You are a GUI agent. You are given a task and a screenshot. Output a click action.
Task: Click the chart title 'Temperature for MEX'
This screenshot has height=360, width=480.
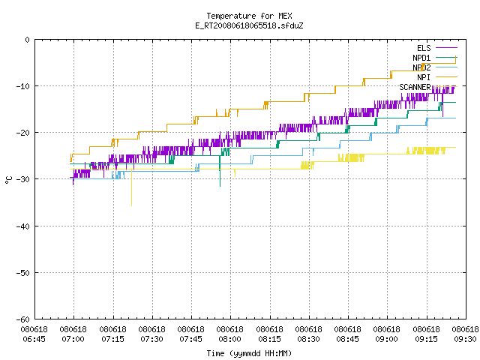(x=249, y=16)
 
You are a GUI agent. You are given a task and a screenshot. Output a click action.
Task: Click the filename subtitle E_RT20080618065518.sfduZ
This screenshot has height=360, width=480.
(x=249, y=25)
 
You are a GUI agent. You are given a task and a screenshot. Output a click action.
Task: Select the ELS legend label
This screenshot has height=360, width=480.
(x=424, y=48)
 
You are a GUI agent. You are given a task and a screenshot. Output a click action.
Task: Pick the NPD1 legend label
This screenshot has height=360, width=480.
(x=421, y=58)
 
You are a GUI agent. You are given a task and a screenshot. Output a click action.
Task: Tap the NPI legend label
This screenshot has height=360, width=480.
(x=424, y=77)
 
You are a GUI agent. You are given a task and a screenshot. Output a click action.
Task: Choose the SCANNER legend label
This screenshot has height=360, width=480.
(x=415, y=87)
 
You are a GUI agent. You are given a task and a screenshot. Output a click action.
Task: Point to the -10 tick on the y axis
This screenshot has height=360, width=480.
(x=23, y=86)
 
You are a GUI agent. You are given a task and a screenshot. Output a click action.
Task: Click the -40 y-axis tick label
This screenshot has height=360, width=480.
(x=23, y=226)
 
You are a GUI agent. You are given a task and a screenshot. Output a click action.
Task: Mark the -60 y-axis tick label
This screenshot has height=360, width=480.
(x=23, y=319)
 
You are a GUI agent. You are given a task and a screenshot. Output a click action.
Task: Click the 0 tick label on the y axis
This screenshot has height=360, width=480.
(x=28, y=40)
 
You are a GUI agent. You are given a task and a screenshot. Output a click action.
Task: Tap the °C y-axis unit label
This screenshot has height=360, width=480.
(x=8, y=180)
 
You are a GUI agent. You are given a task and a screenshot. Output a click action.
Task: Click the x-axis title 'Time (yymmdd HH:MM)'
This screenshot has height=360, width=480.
(x=249, y=353)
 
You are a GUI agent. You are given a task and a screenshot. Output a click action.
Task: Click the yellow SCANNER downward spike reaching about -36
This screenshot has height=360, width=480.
(x=132, y=187)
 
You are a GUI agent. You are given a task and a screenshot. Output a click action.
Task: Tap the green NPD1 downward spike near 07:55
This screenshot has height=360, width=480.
(x=220, y=171)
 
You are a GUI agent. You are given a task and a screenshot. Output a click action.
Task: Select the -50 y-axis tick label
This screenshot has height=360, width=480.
(x=23, y=273)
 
